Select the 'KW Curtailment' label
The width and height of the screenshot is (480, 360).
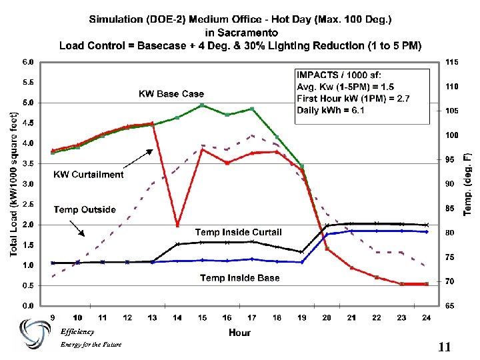[x=89, y=175]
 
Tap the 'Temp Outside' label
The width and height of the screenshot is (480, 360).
[x=85, y=210]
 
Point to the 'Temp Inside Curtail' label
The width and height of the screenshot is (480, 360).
[x=238, y=232]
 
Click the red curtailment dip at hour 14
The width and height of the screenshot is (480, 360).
[x=177, y=225]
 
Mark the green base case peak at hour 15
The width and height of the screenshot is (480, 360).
[x=203, y=105]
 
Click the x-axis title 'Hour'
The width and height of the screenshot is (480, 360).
[x=239, y=331]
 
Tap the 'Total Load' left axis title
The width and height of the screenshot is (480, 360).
[x=13, y=183]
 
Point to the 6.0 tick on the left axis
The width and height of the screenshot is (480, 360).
[x=28, y=62]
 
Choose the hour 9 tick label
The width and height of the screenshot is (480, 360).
[x=53, y=317]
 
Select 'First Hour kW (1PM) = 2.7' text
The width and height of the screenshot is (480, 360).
[x=353, y=99]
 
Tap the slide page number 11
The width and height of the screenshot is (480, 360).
[x=445, y=347]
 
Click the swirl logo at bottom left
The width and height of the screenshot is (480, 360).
[x=33, y=333]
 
